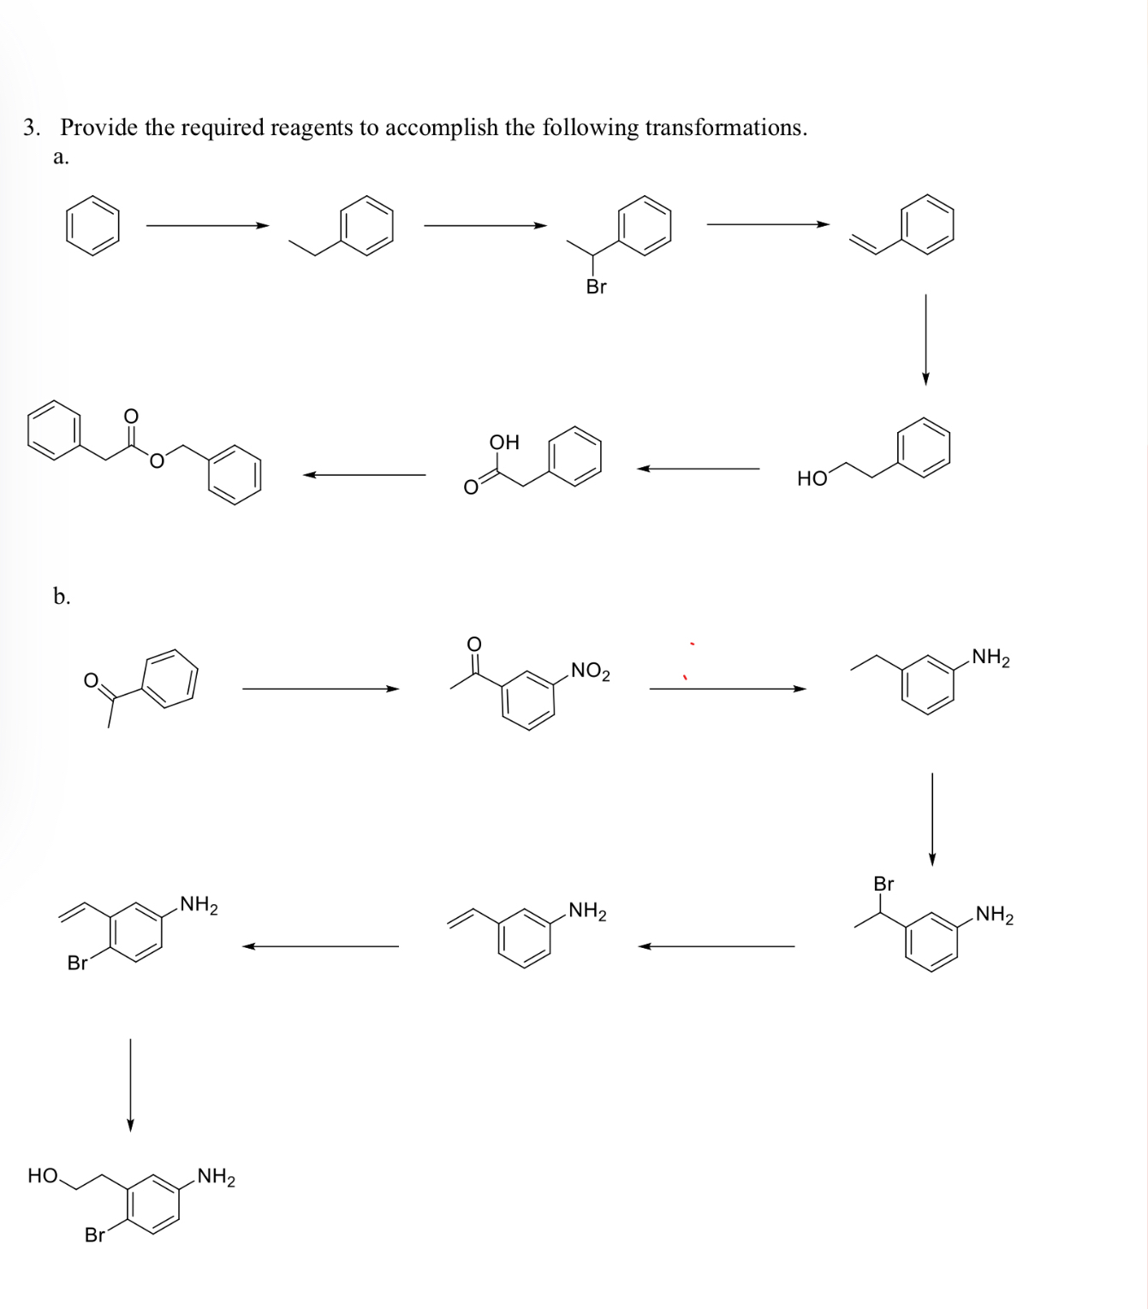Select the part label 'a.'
tap(61, 157)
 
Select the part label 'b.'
tap(62, 596)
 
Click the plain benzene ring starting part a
tap(92, 226)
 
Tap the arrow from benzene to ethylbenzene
tap(207, 226)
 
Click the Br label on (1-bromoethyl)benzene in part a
tap(596, 287)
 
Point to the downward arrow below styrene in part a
tap(925, 340)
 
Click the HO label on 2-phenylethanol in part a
tap(812, 479)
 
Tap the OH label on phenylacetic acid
tap(504, 442)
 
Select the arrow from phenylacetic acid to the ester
tap(364, 475)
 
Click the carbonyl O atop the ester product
tap(131, 416)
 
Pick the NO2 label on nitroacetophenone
tap(590, 671)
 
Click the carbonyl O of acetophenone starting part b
tap(90, 681)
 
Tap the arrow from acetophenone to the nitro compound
tap(320, 689)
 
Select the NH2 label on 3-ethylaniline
tap(990, 658)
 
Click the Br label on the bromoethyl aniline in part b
tap(883, 884)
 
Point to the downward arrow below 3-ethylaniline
tap(932, 819)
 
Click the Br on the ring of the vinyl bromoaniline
tap(77, 963)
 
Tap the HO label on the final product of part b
tap(43, 1176)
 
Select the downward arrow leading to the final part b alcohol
tap(130, 1085)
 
